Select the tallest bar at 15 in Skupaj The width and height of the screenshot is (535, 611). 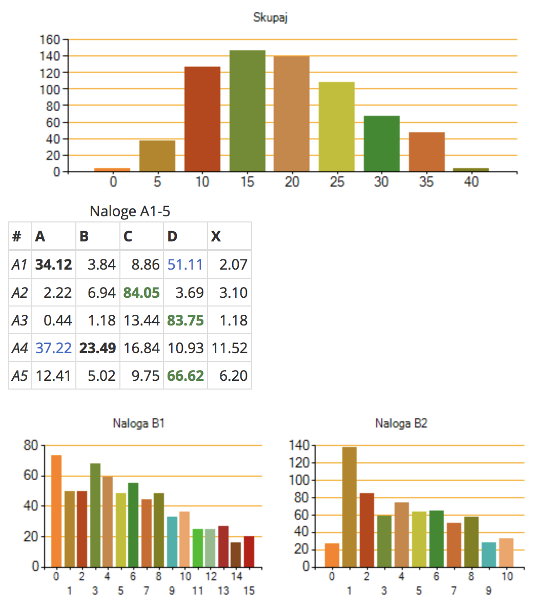247,111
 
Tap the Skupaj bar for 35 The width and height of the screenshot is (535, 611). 426,152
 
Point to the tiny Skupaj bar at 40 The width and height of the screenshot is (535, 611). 471,169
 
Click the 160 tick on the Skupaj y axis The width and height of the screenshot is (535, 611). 50,39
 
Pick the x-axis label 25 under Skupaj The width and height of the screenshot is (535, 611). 337,182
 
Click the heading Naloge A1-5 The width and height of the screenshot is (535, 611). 130,211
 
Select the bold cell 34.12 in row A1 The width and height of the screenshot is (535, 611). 54,264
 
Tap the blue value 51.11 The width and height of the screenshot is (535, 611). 185,264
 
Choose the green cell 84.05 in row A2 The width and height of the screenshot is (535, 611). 141,293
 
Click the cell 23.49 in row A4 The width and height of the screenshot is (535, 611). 97,348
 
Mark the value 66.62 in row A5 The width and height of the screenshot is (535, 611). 185,376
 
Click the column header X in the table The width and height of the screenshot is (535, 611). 216,236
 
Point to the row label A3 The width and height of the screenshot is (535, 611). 19,320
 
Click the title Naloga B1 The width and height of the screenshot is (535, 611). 138,423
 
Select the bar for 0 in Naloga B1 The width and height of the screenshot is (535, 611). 56,511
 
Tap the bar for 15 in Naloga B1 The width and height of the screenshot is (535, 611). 249,552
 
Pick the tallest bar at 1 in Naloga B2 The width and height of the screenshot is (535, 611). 349,506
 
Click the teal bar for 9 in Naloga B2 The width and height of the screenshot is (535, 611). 488,555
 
